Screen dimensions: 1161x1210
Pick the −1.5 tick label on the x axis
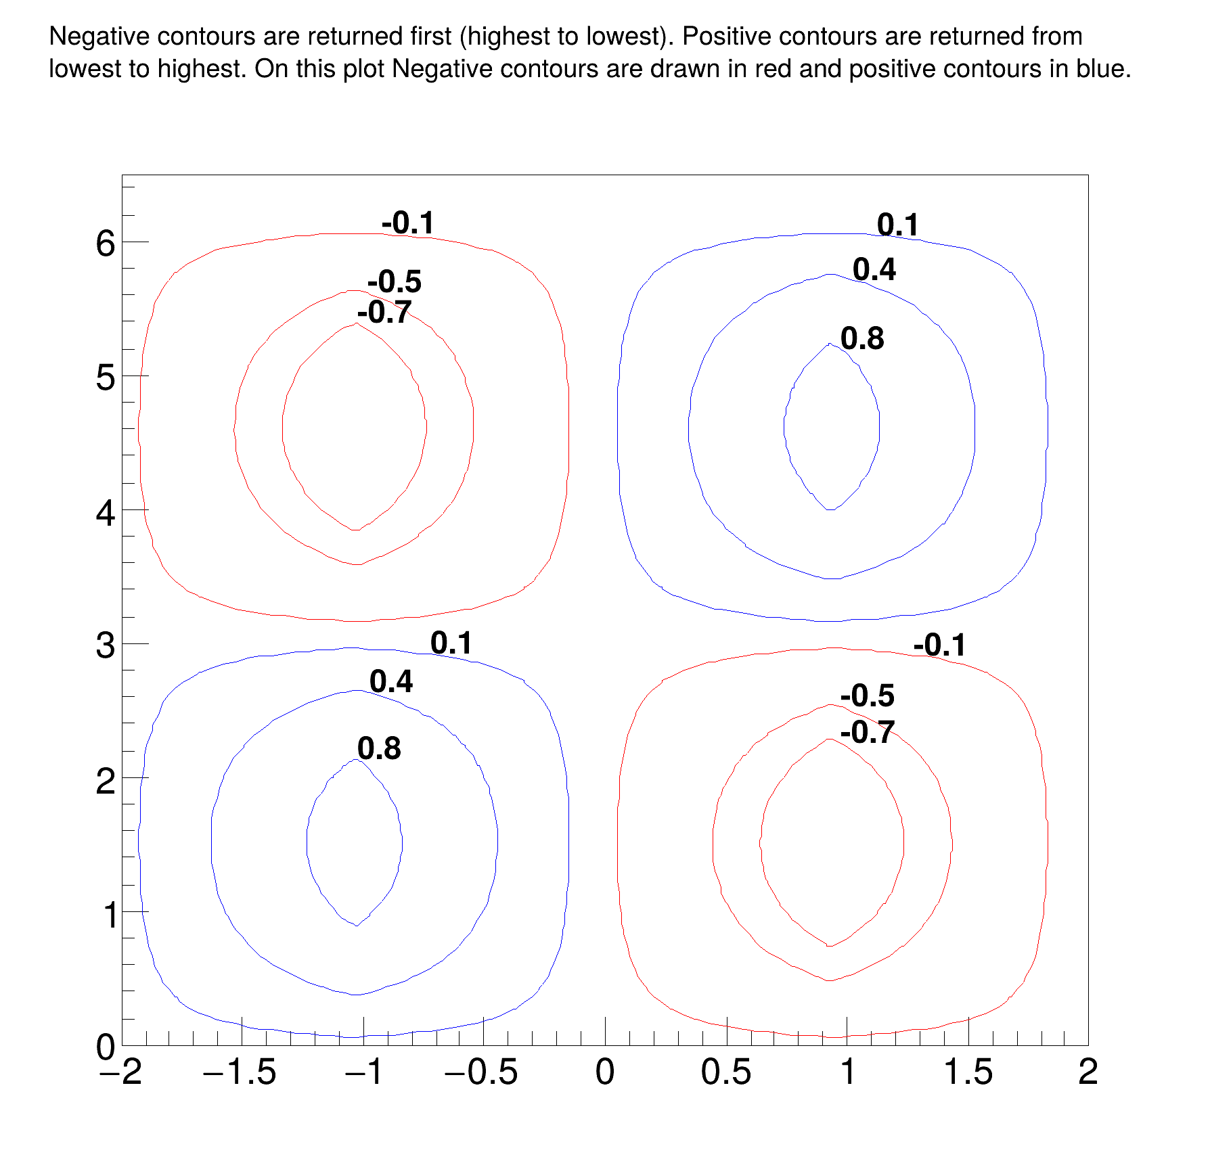[240, 1072]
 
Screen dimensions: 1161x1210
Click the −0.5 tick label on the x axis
[482, 1072]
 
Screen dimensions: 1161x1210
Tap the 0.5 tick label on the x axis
[726, 1072]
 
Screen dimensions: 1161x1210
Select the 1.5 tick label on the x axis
[968, 1072]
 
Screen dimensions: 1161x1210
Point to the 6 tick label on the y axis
[106, 243]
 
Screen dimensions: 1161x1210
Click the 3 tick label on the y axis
[106, 645]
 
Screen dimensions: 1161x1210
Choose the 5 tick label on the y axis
[106, 377]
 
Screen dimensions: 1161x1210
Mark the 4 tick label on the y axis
[106, 512]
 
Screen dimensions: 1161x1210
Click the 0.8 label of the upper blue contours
[862, 338]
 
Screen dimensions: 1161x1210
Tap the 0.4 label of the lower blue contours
[391, 681]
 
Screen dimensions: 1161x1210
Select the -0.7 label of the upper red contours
[384, 313]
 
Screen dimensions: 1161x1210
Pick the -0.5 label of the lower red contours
[868, 696]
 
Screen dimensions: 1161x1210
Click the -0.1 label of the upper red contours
[408, 223]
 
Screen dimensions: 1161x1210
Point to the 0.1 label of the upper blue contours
[898, 225]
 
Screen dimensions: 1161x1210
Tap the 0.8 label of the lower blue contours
[379, 748]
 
